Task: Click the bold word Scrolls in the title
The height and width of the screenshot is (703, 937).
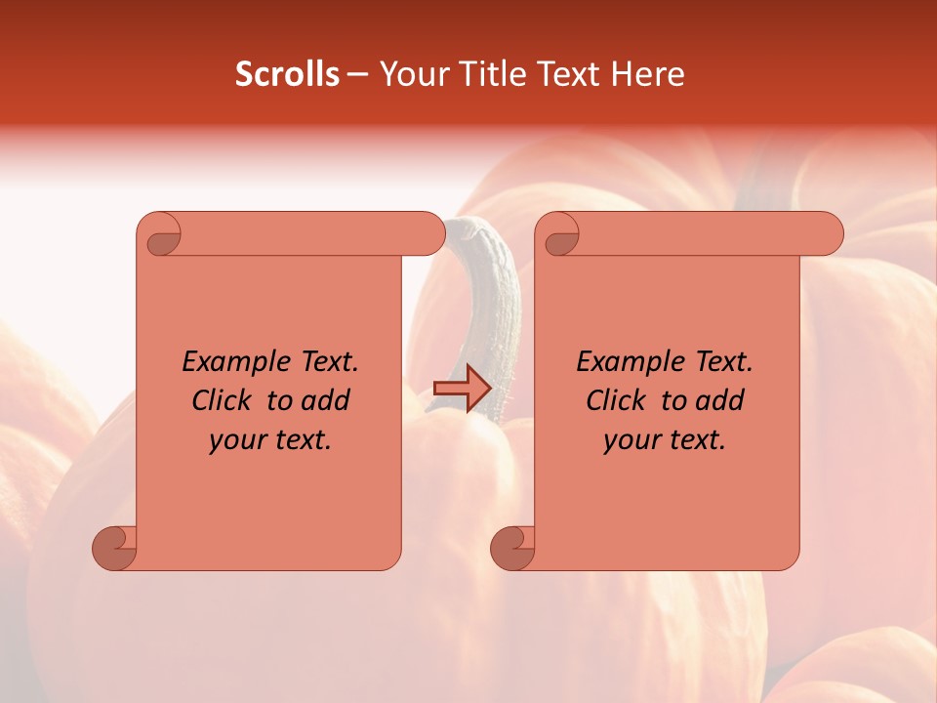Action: [287, 74]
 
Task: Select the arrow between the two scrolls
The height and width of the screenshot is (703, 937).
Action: [462, 389]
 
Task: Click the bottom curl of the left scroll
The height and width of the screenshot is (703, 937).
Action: [114, 547]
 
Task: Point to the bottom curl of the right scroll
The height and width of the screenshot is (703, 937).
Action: [512, 547]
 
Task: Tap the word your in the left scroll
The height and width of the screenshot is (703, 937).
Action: [237, 440]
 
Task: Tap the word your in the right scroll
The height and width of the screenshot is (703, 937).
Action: [631, 440]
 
